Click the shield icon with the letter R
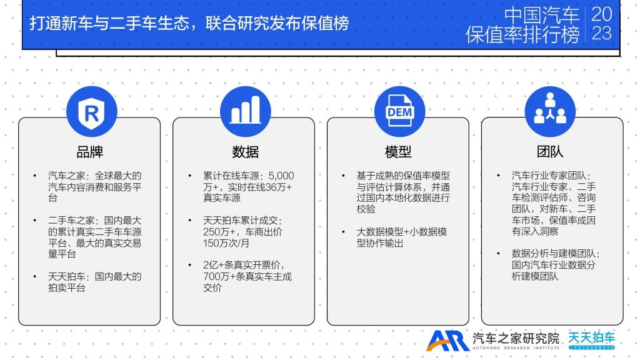pos(91,112)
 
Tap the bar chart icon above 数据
pos(245,110)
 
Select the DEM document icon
pos(399,111)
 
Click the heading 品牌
pos(90,152)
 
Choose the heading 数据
pos(245,152)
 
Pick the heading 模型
pos(398,152)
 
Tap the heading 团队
pos(550,152)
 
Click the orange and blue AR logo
pos(447,341)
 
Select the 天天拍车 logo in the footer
pos(591,340)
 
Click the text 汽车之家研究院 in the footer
pos(516,338)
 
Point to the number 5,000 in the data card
pos(281,176)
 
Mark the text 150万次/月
pos(226,243)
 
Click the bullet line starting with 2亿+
pos(244,265)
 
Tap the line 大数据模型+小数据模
pos(402,232)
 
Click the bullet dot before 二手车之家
pos(35,221)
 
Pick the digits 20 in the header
pos(602,14)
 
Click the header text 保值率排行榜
pos(522,35)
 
